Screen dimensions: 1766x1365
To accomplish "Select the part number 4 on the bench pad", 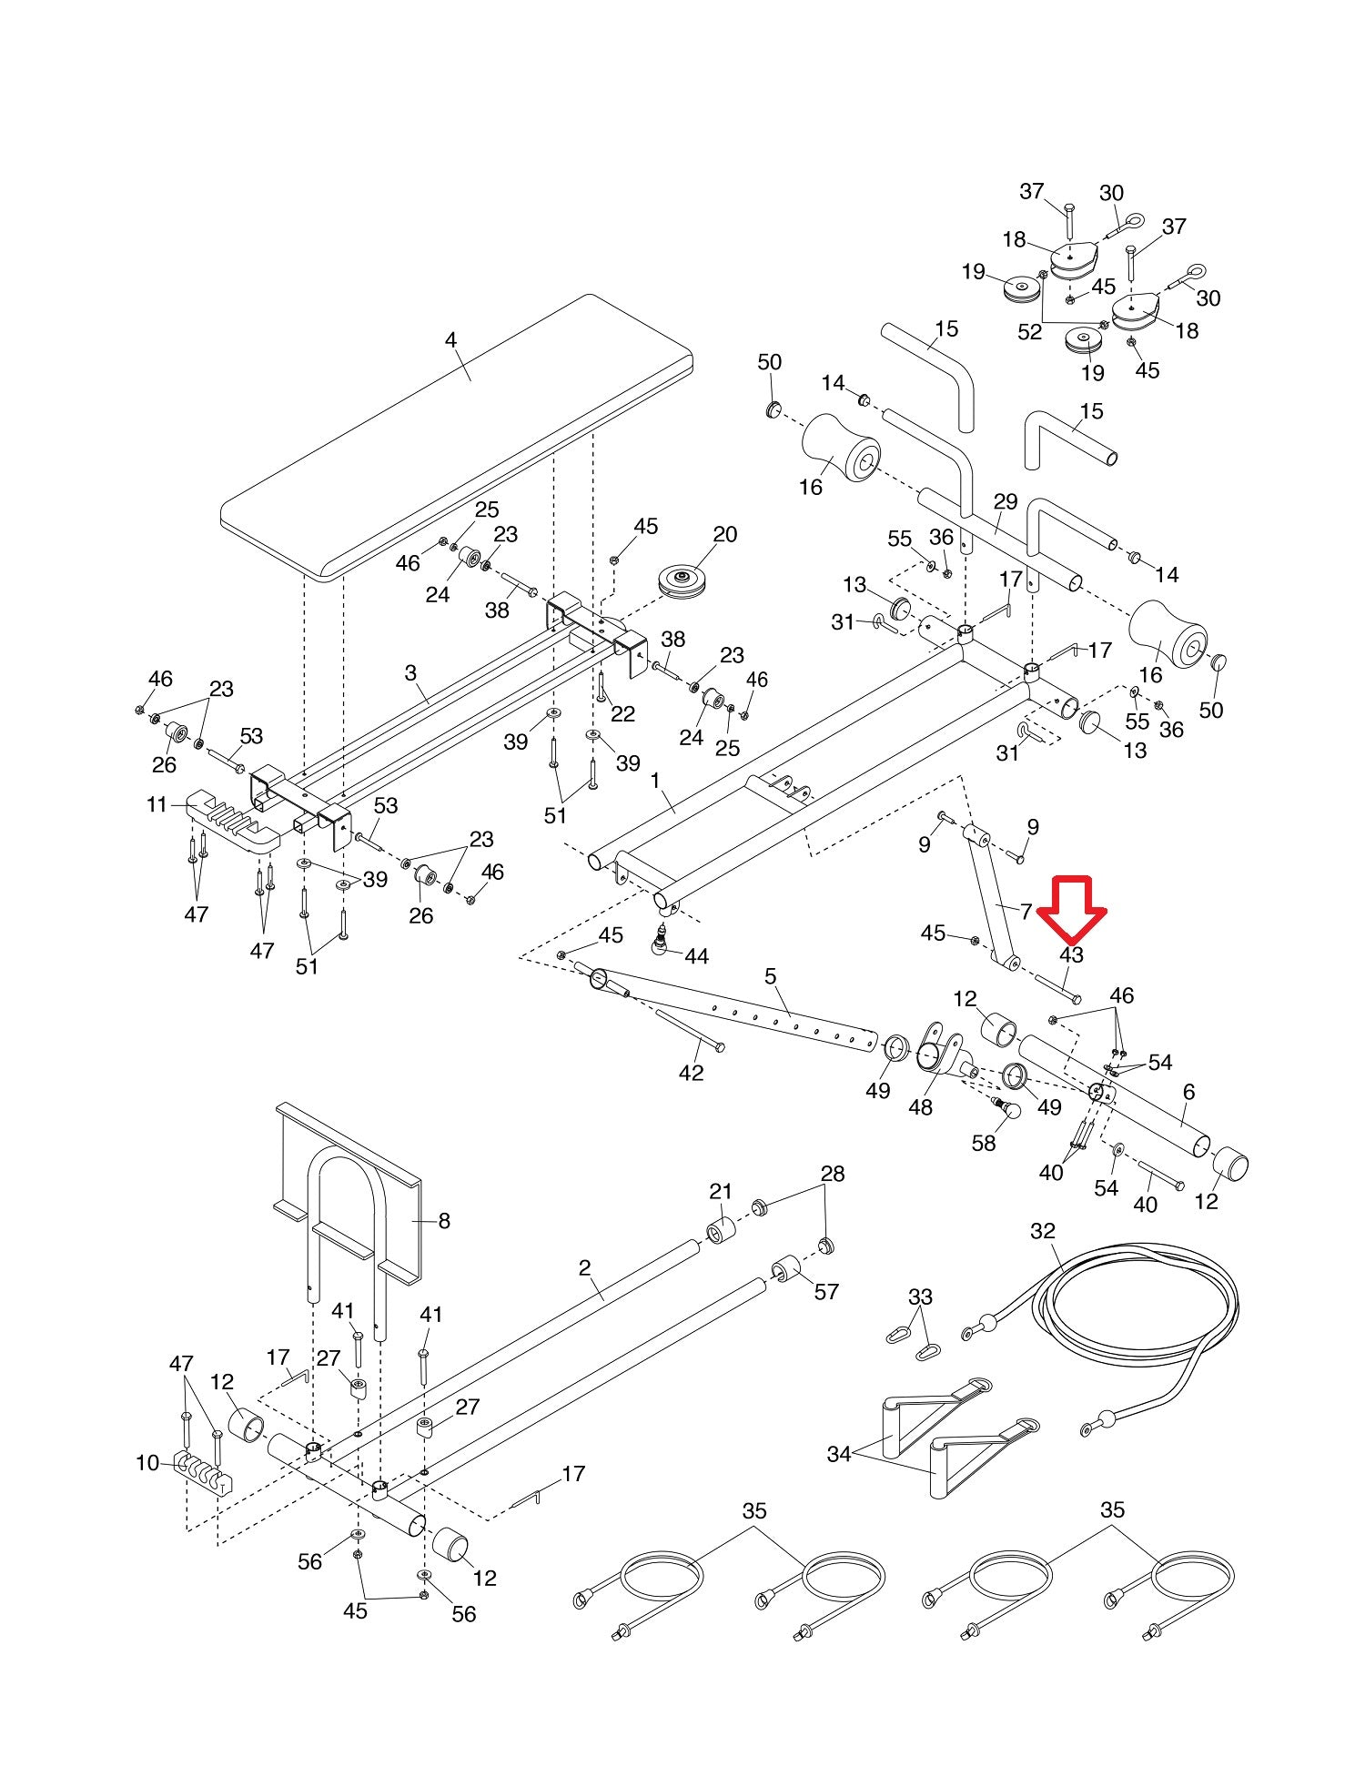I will click(x=450, y=340).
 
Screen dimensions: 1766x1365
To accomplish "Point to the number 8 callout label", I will click(x=444, y=1221).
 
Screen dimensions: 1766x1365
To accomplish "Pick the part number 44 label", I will click(x=696, y=956).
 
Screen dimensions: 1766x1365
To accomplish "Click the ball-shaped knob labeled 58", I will click(x=1006, y=1109).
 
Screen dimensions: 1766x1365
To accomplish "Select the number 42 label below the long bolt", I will click(x=692, y=1073).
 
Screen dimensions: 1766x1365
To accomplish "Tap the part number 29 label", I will click(x=1005, y=501).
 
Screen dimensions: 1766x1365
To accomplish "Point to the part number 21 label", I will click(x=721, y=1192).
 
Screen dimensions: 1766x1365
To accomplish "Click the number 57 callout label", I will click(x=826, y=1292).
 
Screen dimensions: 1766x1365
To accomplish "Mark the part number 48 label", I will click(x=921, y=1107).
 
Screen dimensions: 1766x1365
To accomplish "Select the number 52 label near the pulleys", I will click(x=1029, y=332).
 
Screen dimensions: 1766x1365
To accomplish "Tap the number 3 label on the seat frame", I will click(x=410, y=673).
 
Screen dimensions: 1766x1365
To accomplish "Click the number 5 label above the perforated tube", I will click(x=771, y=977).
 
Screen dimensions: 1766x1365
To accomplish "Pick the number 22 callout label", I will click(x=622, y=714).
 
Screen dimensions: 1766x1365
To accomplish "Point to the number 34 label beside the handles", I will click(x=839, y=1455).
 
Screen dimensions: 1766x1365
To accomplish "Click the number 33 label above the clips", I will click(x=920, y=1297).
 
